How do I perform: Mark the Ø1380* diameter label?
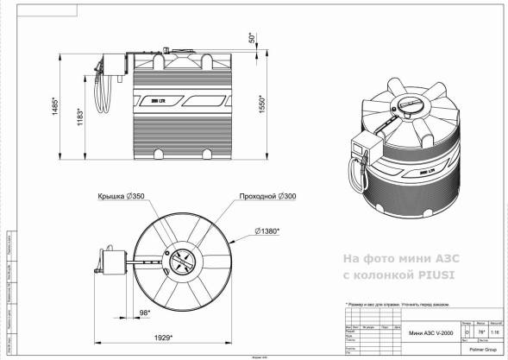(274, 231)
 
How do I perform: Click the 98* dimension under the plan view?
(144, 312)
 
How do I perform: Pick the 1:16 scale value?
(493, 332)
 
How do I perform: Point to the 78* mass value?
(480, 332)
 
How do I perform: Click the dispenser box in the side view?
(109, 63)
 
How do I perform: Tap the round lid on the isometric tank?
(411, 105)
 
